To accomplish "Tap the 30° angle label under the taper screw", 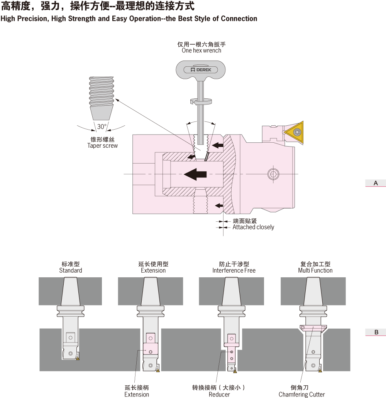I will [x=102, y=126].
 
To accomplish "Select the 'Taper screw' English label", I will [x=102, y=146].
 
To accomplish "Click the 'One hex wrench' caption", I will [x=201, y=51].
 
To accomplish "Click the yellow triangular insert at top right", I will [x=296, y=132].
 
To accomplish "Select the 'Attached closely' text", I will [x=253, y=227].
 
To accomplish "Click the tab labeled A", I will [x=376, y=183].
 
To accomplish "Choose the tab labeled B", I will [x=376, y=332].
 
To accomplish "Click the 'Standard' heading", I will [x=71, y=270].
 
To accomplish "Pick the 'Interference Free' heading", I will [x=234, y=270].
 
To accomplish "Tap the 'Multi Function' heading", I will [x=315, y=270].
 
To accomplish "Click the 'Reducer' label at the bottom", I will [x=219, y=394].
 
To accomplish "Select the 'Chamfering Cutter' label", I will [x=302, y=394].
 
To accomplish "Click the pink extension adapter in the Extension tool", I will [x=150, y=348].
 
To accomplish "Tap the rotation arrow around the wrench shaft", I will [x=201, y=101].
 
